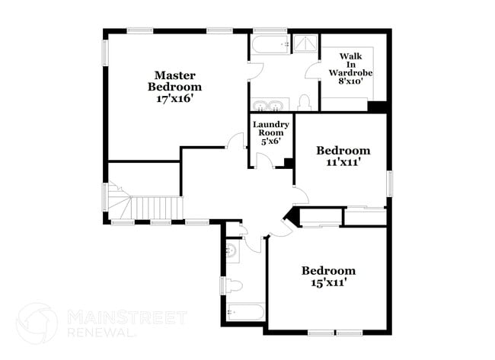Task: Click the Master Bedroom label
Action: pos(174,81)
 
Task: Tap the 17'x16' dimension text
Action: pos(174,98)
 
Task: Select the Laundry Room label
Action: pos(271,129)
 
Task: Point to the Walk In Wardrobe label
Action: pos(350,65)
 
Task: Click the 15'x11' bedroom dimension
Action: pos(327,282)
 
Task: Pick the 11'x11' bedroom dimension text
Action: pos(343,162)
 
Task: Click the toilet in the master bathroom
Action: pos(305,103)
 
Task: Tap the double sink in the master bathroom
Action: pos(270,105)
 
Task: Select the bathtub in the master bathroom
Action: pos(270,45)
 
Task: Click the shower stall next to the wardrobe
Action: pos(305,44)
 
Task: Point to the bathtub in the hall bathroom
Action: pos(246,312)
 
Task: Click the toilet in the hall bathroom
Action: pos(235,286)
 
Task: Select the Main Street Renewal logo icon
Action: pos(37,323)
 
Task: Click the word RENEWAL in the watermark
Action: pos(101,333)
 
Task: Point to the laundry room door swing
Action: pos(264,160)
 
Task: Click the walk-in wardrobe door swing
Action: pos(313,70)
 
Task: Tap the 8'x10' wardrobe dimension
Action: pos(350,81)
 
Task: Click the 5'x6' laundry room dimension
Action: pos(271,141)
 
